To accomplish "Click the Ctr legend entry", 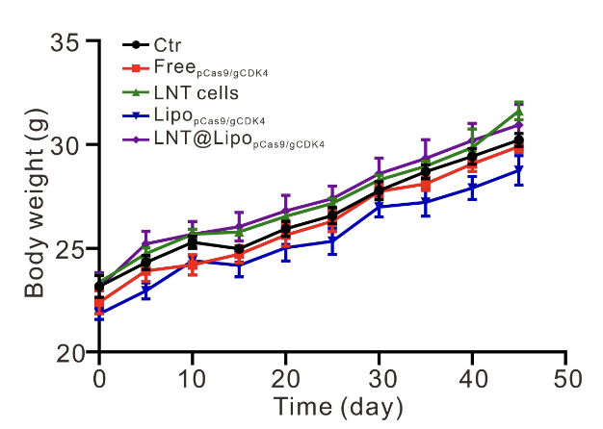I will coord(169,44).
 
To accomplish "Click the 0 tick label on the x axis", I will coord(99,374).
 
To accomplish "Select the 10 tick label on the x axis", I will coord(193,374).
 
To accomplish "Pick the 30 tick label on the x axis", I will coord(380,374).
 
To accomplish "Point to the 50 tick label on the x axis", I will coord(566,374).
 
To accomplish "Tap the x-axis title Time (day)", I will coord(332,406).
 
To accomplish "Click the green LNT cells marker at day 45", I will coord(519,112).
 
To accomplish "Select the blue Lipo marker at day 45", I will coord(519,170).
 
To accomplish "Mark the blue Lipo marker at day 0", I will coord(99,314).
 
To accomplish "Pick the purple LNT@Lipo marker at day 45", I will coord(519,125).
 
